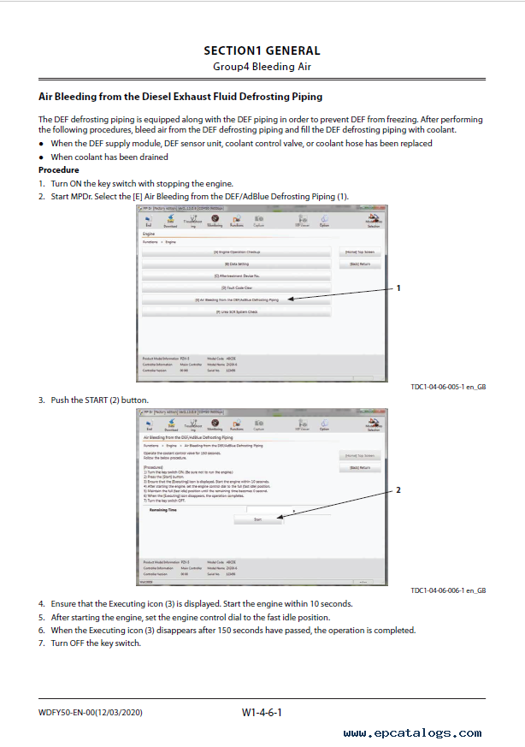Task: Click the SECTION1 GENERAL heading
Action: coord(262,50)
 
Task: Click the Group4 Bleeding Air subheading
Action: coord(262,66)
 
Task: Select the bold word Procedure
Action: coord(58,169)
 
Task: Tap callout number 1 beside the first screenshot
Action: coord(398,289)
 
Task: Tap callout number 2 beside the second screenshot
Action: coord(398,490)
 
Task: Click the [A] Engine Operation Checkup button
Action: coord(236,252)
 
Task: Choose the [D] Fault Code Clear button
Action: coord(236,288)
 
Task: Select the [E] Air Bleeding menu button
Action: coord(236,300)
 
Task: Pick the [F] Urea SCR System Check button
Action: coord(236,312)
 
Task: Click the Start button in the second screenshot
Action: coord(257,519)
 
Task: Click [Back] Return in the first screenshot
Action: coord(359,264)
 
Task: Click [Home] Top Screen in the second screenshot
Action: coord(359,456)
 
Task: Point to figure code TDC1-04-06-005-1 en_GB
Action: coord(448,387)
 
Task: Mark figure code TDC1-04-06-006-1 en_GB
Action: coord(448,590)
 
